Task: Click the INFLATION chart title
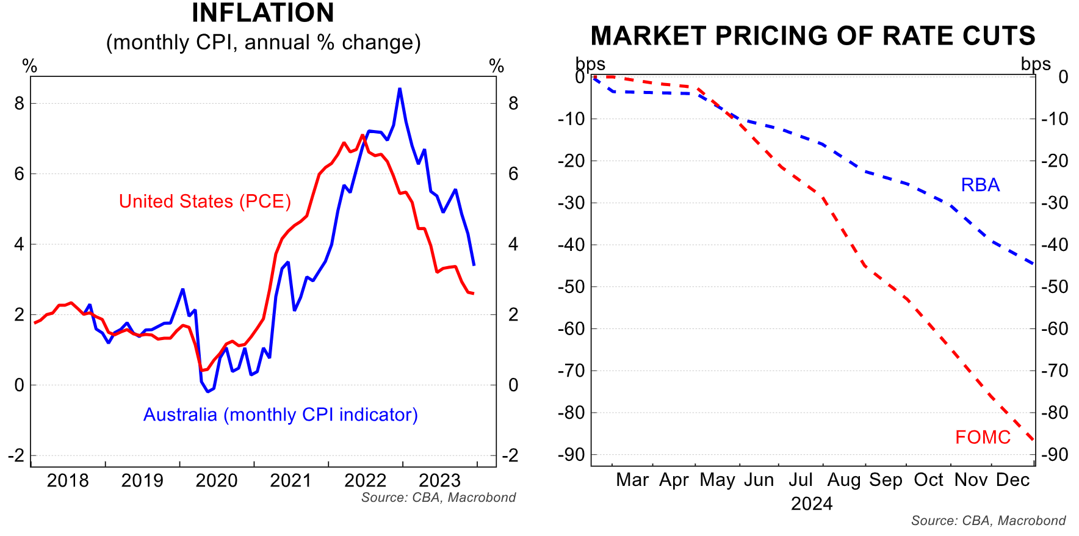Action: [263, 13]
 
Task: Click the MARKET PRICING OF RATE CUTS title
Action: [813, 36]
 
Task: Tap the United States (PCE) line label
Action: [204, 201]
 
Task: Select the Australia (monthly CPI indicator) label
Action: [280, 415]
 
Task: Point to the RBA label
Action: [980, 185]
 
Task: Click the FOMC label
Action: [983, 437]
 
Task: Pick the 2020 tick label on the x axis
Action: [217, 481]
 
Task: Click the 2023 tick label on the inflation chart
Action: [440, 481]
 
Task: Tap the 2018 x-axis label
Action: [68, 481]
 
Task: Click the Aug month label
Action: [844, 480]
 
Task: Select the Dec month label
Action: [1012, 480]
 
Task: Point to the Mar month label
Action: [632, 480]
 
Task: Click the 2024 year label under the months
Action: [812, 504]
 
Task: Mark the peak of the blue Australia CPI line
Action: [400, 89]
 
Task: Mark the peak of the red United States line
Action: [363, 136]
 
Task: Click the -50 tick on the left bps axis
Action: [571, 287]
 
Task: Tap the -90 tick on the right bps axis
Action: [1055, 455]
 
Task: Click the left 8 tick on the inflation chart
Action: [20, 104]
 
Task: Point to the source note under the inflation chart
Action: [438, 498]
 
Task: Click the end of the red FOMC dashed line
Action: [1033, 439]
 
